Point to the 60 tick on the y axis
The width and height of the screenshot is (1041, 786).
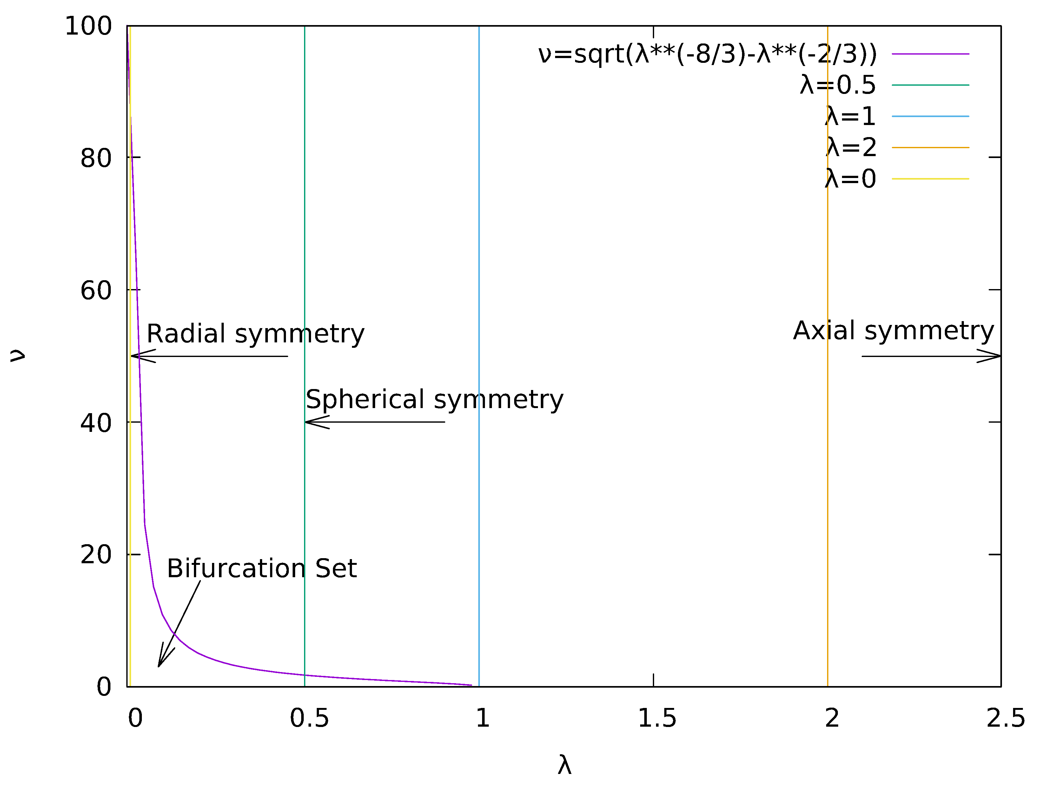[96, 290]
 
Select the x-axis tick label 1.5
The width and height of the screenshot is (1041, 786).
[657, 719]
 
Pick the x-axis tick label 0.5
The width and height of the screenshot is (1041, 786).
[309, 719]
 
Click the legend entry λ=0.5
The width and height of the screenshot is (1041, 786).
[838, 85]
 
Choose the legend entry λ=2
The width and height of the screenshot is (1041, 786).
[851, 147]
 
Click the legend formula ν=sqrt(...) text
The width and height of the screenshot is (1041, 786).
[707, 54]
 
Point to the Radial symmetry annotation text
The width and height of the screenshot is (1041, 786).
[255, 334]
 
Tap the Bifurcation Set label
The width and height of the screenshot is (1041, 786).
[262, 569]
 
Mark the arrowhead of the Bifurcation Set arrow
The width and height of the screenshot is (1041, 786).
[160, 664]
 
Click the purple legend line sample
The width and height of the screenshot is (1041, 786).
[931, 54]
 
